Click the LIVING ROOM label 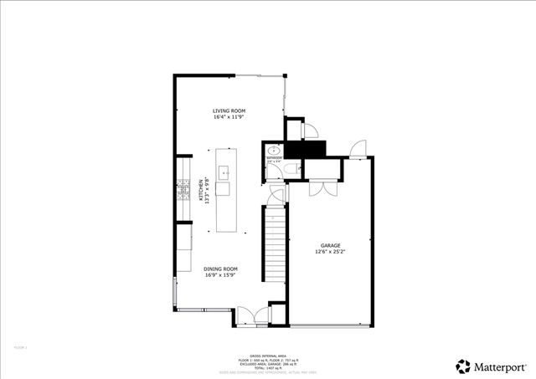click(228, 110)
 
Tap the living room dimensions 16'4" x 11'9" click(228, 117)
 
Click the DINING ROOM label click(221, 269)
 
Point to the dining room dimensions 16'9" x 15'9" click(221, 275)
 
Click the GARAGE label click(330, 245)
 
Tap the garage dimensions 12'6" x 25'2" click(330, 252)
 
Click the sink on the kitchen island click(224, 173)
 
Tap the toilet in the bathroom click(288, 170)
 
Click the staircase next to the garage click(276, 251)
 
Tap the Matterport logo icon click(463, 366)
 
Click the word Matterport click(502, 366)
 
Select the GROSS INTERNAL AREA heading click(267, 356)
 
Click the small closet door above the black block click(309, 130)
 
